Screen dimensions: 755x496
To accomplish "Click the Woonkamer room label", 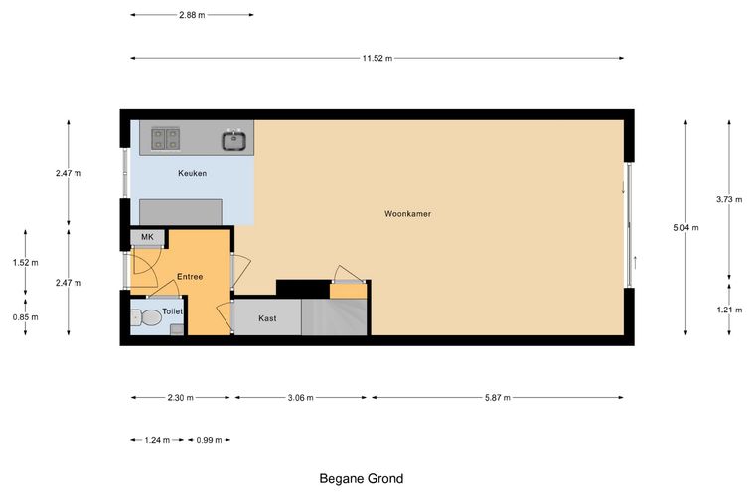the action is tap(407, 214).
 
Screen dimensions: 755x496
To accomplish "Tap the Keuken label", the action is tap(192, 173).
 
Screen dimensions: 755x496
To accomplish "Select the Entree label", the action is tap(190, 277).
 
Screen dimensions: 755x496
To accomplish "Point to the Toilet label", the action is tap(172, 311).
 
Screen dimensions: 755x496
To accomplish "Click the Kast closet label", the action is tap(267, 318).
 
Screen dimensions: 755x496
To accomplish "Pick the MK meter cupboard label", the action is tap(147, 237).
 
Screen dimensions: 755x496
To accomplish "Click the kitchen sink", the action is tap(234, 140).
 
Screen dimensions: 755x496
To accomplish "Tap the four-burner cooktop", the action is tap(165, 139).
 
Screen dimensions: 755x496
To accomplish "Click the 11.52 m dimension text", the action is tap(377, 59).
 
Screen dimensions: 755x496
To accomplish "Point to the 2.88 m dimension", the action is tap(192, 15).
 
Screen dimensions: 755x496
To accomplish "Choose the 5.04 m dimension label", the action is tap(685, 228).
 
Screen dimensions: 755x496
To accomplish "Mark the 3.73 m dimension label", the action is tap(729, 199).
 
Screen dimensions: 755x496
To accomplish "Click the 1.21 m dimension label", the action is tap(729, 310).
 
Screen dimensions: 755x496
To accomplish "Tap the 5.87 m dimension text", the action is tap(498, 398).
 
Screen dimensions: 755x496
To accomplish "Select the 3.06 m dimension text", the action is tap(300, 398).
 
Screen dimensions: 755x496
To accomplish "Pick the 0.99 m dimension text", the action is tap(209, 440).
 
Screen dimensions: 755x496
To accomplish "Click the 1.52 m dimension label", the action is tap(26, 263).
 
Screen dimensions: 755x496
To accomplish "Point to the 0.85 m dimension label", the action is tap(26, 317).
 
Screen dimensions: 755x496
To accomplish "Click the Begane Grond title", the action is tap(362, 479).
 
